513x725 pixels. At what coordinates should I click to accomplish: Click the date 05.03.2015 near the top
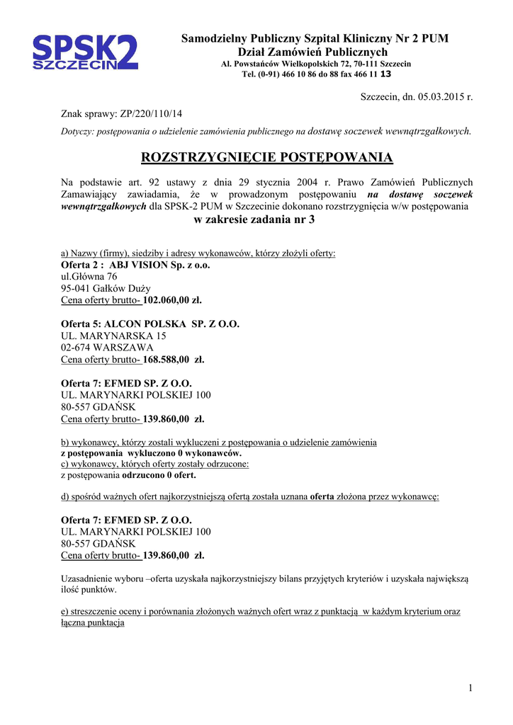438,96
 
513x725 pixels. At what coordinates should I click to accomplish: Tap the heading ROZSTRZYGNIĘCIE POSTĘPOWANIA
267,156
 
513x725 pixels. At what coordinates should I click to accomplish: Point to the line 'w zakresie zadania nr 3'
254,219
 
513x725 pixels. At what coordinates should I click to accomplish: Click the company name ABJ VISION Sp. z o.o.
160,265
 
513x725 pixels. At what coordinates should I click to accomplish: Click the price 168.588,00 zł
174,359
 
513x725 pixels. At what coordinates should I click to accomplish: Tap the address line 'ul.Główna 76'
89,277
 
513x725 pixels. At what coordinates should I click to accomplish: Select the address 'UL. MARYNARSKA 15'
113,336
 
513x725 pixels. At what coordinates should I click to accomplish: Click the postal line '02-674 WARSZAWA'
107,348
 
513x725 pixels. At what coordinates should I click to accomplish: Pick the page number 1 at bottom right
470,688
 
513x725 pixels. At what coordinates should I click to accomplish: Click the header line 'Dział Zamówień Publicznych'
312,52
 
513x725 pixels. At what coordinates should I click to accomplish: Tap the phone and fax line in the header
315,74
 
